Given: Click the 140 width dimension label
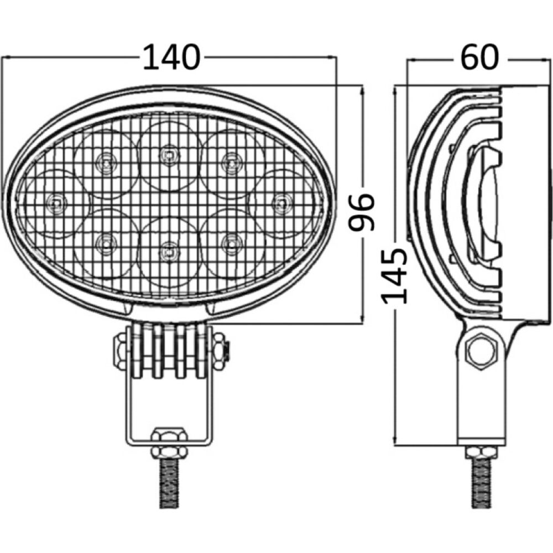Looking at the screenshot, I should (x=171, y=58).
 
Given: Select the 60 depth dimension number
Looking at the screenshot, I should (x=479, y=57).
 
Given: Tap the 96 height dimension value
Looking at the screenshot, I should (x=365, y=212).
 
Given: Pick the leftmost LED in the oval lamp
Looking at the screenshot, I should (x=56, y=202).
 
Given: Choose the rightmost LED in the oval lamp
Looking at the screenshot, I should (x=281, y=202).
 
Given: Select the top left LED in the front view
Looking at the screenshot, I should (x=103, y=162).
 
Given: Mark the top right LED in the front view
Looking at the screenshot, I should (x=229, y=161).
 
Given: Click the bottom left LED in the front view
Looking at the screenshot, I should (x=103, y=242).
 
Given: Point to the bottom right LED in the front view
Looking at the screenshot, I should (x=229, y=242).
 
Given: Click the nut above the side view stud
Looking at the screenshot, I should (x=481, y=453).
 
